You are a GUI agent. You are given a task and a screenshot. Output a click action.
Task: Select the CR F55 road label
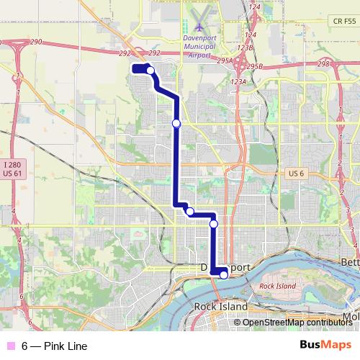coord(345,22)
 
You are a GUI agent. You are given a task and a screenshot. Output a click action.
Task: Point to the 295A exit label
coord(224,61)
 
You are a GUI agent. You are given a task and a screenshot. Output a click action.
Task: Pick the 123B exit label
coord(246,48)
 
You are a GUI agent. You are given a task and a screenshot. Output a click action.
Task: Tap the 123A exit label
coord(239,82)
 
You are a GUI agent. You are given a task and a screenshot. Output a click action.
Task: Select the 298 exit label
coord(323,64)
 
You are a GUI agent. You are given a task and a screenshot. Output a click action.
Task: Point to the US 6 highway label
coord(297,174)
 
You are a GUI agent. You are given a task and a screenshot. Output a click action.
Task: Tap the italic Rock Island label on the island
coord(277,286)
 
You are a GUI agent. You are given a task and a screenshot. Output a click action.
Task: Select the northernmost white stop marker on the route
coord(150,70)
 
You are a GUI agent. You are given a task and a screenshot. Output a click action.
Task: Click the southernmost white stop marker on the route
coord(224,274)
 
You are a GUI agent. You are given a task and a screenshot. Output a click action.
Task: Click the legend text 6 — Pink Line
coord(54,346)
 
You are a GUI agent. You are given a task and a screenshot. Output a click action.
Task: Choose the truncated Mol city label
coord(351,317)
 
